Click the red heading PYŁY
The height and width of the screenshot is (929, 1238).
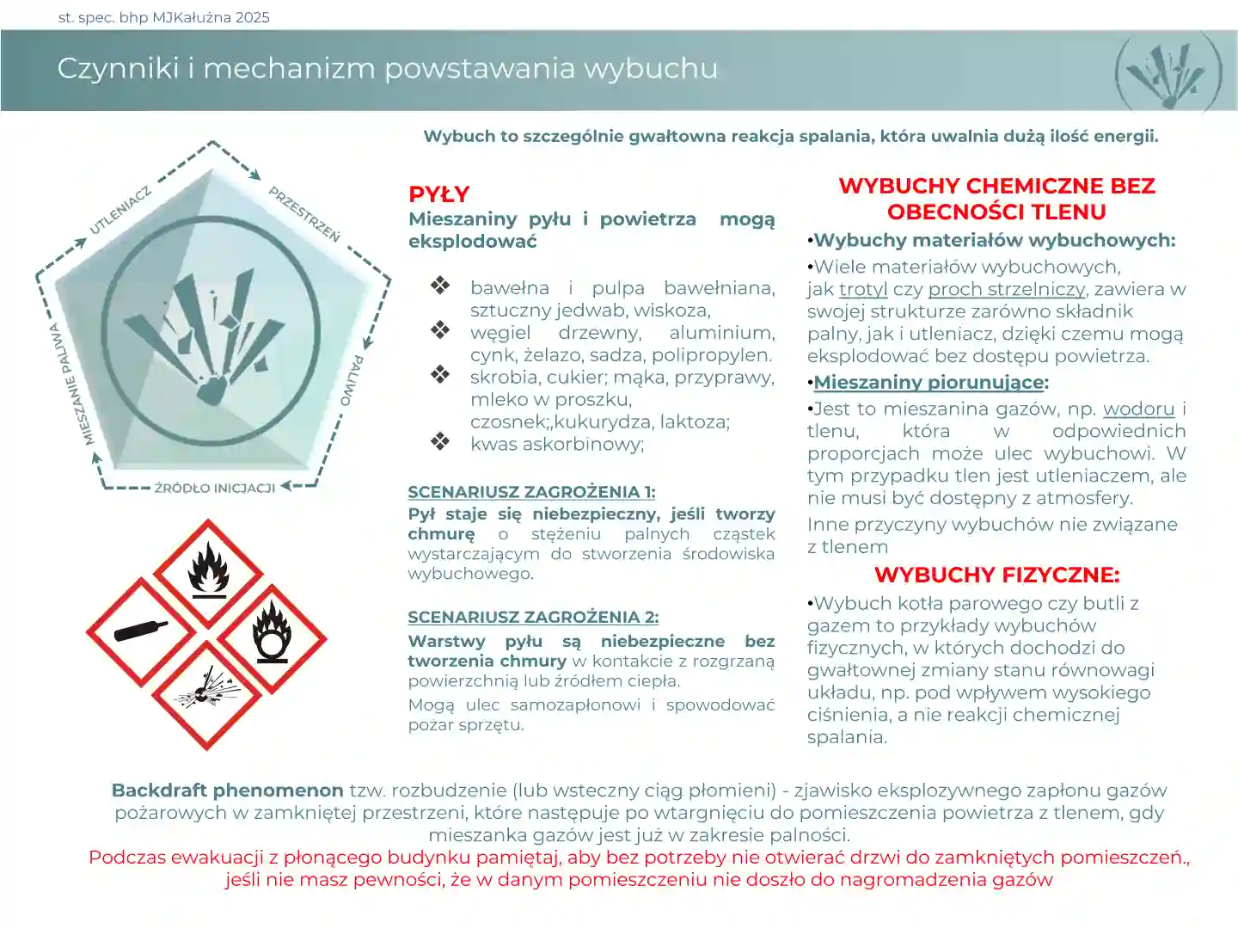click(x=438, y=194)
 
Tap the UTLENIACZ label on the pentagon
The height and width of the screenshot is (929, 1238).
click(x=120, y=210)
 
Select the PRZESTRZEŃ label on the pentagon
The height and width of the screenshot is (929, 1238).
click(x=304, y=213)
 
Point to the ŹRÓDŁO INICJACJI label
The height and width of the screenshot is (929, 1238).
click(x=215, y=488)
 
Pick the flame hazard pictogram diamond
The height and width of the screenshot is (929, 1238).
click(x=208, y=571)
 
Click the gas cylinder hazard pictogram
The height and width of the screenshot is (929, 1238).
click(x=141, y=632)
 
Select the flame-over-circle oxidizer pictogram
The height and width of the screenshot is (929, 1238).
click(x=273, y=637)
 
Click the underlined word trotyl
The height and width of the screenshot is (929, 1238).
click(x=863, y=289)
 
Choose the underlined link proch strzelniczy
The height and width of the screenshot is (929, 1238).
click(x=1007, y=289)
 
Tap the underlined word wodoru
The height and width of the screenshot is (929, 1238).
click(x=1138, y=409)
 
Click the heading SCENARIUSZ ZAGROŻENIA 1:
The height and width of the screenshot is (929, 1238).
click(x=531, y=492)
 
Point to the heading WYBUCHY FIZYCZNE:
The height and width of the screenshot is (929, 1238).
click(x=996, y=575)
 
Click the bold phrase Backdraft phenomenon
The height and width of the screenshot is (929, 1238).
click(x=227, y=790)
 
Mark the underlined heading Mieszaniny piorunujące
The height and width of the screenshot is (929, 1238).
click(x=929, y=382)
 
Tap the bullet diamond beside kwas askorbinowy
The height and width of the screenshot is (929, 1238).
click(x=440, y=441)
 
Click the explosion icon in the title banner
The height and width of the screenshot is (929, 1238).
click(x=1167, y=73)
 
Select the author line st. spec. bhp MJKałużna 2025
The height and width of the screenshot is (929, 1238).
click(x=163, y=17)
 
